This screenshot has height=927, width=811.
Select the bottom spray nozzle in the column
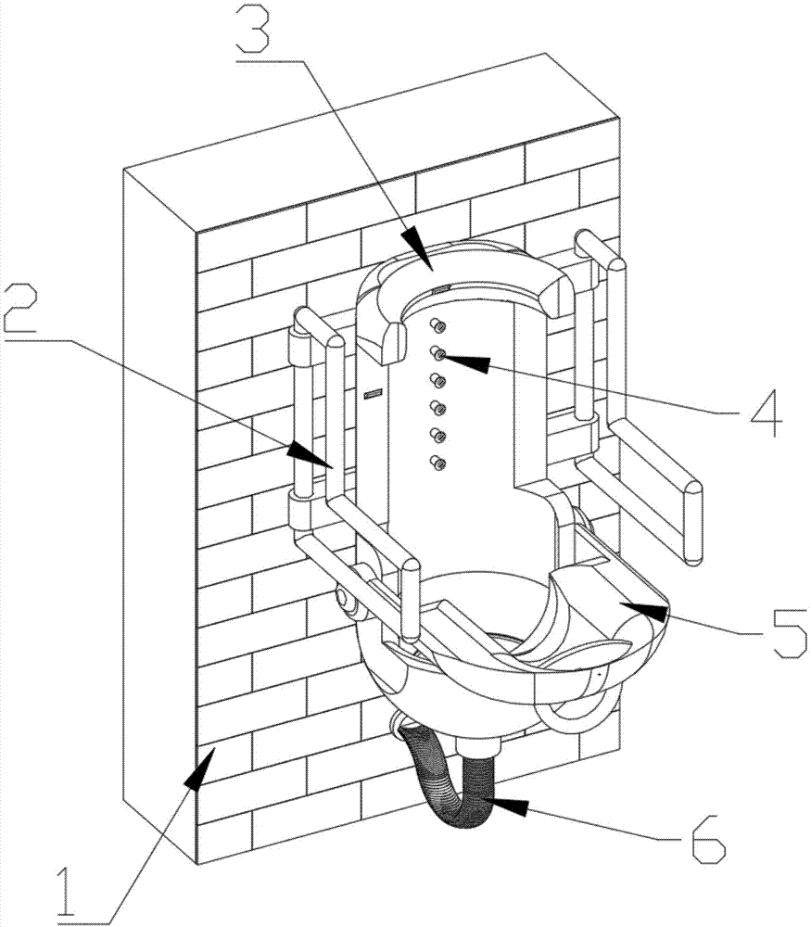(x=439, y=462)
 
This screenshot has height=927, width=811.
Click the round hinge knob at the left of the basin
(x=349, y=604)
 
